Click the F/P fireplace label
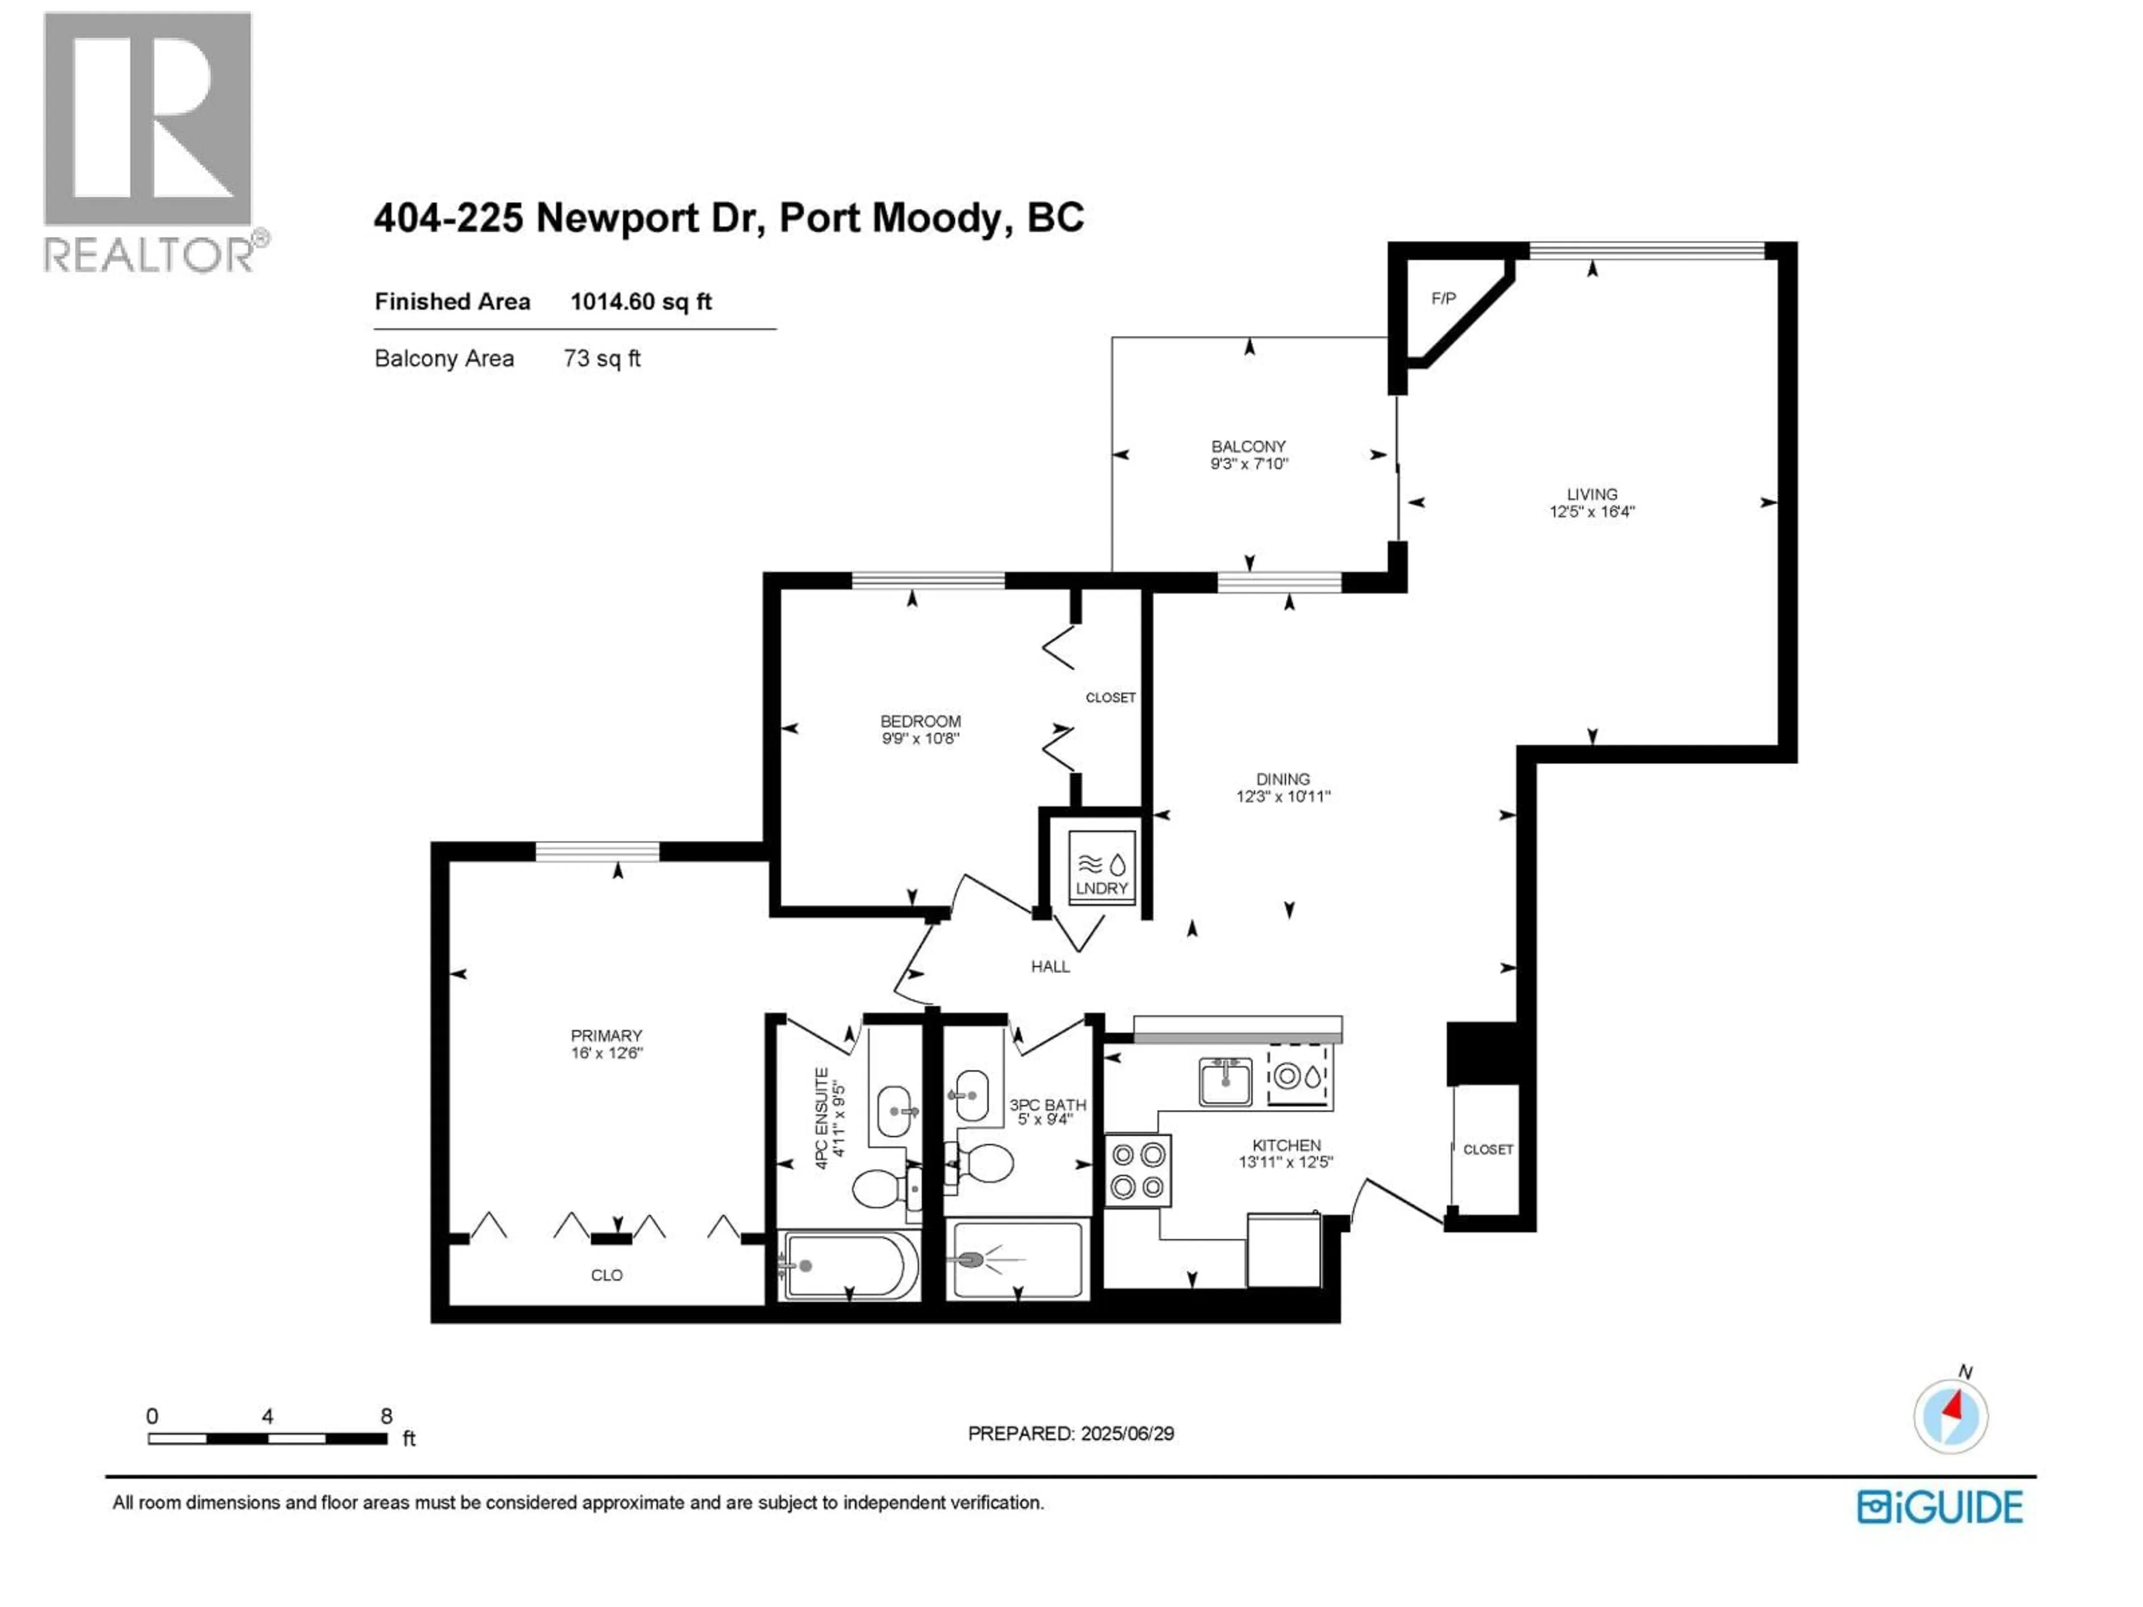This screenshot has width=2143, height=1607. pyautogui.click(x=1443, y=299)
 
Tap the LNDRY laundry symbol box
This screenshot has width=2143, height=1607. pyautogui.click(x=1102, y=868)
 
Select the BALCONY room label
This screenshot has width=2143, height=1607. pyautogui.click(x=1248, y=446)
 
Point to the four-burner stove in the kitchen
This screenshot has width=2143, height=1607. pyautogui.click(x=1137, y=1170)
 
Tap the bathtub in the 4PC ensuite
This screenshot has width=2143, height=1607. pyautogui.click(x=849, y=1265)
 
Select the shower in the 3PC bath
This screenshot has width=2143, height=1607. pyautogui.click(x=1017, y=1259)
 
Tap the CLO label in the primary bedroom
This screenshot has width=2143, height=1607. pyautogui.click(x=607, y=1276)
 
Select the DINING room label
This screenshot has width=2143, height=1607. pyautogui.click(x=1282, y=779)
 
